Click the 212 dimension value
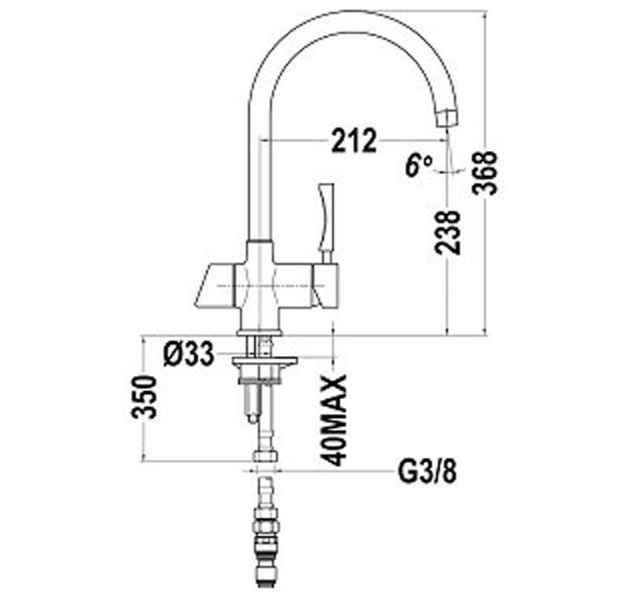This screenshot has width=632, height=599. coord(354,141)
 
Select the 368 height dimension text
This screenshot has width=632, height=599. coord(486,172)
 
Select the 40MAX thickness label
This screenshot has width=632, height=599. coord(337,420)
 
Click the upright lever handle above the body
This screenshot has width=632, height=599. coord(326,216)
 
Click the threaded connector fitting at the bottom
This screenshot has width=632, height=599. coord(265,543)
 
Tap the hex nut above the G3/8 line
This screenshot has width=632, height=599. coord(265,454)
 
